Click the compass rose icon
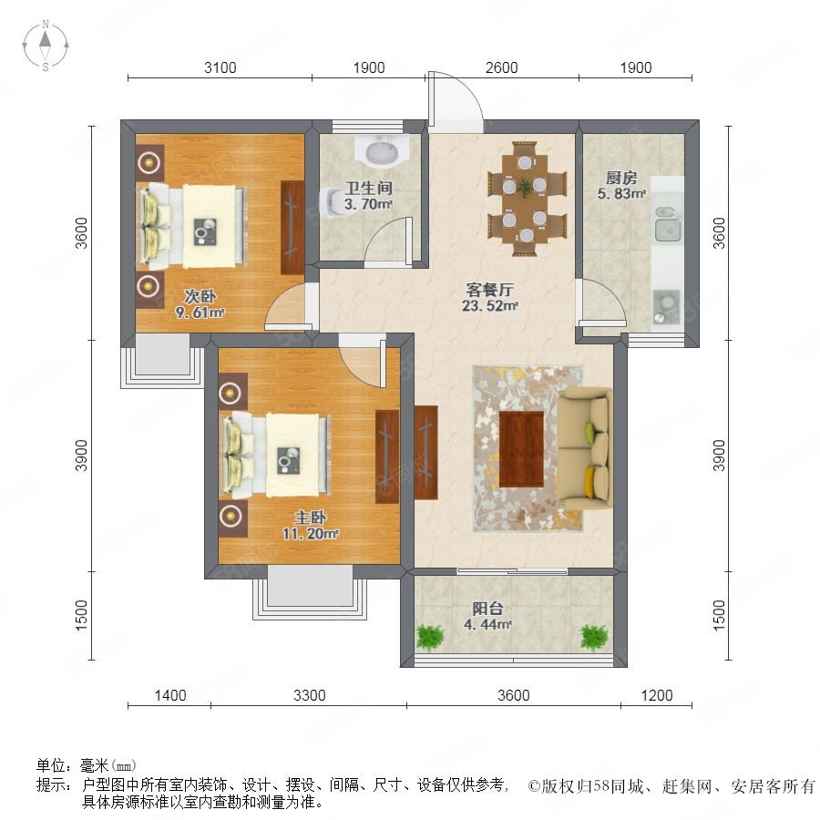(46, 46)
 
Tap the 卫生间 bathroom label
(369, 188)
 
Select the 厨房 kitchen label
(621, 178)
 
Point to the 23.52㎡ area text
(489, 306)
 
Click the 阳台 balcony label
(487, 609)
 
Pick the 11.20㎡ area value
(310, 534)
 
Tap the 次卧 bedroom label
(200, 296)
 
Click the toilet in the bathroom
(332, 202)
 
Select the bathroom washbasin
(381, 150)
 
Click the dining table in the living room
(525, 199)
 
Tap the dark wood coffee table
(521, 449)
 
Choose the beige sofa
(585, 448)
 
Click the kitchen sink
(667, 224)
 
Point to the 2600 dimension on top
(501, 67)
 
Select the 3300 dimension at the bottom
(309, 695)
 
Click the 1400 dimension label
(170, 695)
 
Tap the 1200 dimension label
(657, 695)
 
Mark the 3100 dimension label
(220, 67)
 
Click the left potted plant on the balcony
(430, 637)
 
